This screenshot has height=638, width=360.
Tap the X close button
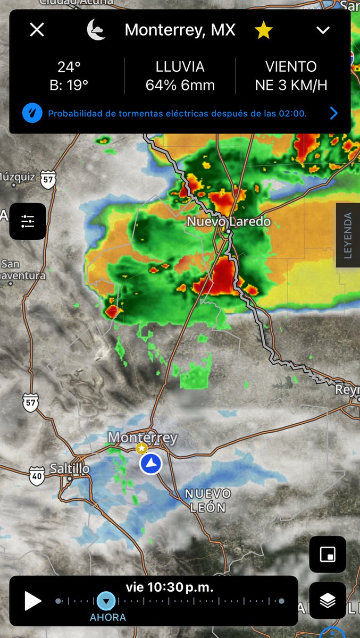click(x=37, y=30)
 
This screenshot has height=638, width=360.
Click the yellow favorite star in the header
click(x=263, y=31)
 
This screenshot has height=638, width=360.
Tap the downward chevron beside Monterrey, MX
click(x=323, y=30)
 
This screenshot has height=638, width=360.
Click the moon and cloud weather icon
click(x=96, y=30)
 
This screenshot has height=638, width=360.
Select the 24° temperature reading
click(x=69, y=68)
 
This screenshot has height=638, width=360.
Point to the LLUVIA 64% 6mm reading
click(x=180, y=76)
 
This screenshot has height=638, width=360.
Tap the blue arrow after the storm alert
click(x=333, y=113)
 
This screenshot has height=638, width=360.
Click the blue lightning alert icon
click(x=32, y=113)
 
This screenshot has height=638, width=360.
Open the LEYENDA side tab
click(x=348, y=235)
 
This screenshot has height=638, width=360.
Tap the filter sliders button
click(x=28, y=221)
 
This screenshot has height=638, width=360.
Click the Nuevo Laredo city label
click(x=228, y=221)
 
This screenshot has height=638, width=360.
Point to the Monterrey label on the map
click(x=143, y=438)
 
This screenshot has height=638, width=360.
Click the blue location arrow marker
click(x=150, y=464)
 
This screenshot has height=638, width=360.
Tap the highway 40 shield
click(x=36, y=475)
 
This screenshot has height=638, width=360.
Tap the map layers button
click(x=328, y=600)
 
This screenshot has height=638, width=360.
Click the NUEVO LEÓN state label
click(x=208, y=500)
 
